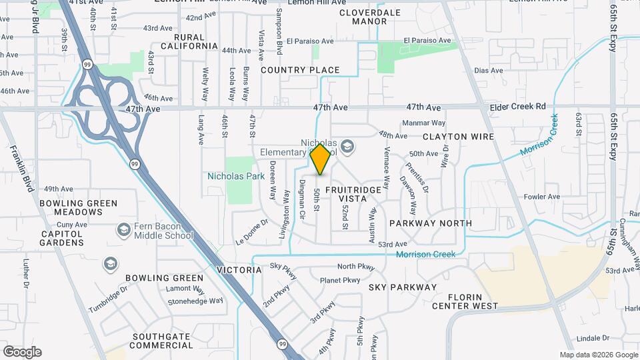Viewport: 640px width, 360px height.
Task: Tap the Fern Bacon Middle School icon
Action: (123, 230)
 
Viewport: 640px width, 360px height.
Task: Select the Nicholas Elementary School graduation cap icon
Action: (347, 146)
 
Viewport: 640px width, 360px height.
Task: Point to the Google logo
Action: (22, 352)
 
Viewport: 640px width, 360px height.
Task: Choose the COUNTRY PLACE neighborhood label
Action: (300, 70)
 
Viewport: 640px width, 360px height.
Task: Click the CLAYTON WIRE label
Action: (458, 137)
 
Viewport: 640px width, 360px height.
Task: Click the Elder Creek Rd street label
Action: (517, 106)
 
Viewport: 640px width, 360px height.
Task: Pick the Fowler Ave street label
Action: (541, 197)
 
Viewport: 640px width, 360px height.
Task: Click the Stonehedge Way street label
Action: (195, 301)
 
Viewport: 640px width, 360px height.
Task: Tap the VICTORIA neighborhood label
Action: (239, 270)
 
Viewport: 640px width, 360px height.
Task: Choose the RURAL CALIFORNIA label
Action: (195, 41)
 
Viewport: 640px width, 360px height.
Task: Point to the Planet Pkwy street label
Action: (339, 280)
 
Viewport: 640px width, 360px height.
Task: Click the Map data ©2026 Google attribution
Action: (597, 355)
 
